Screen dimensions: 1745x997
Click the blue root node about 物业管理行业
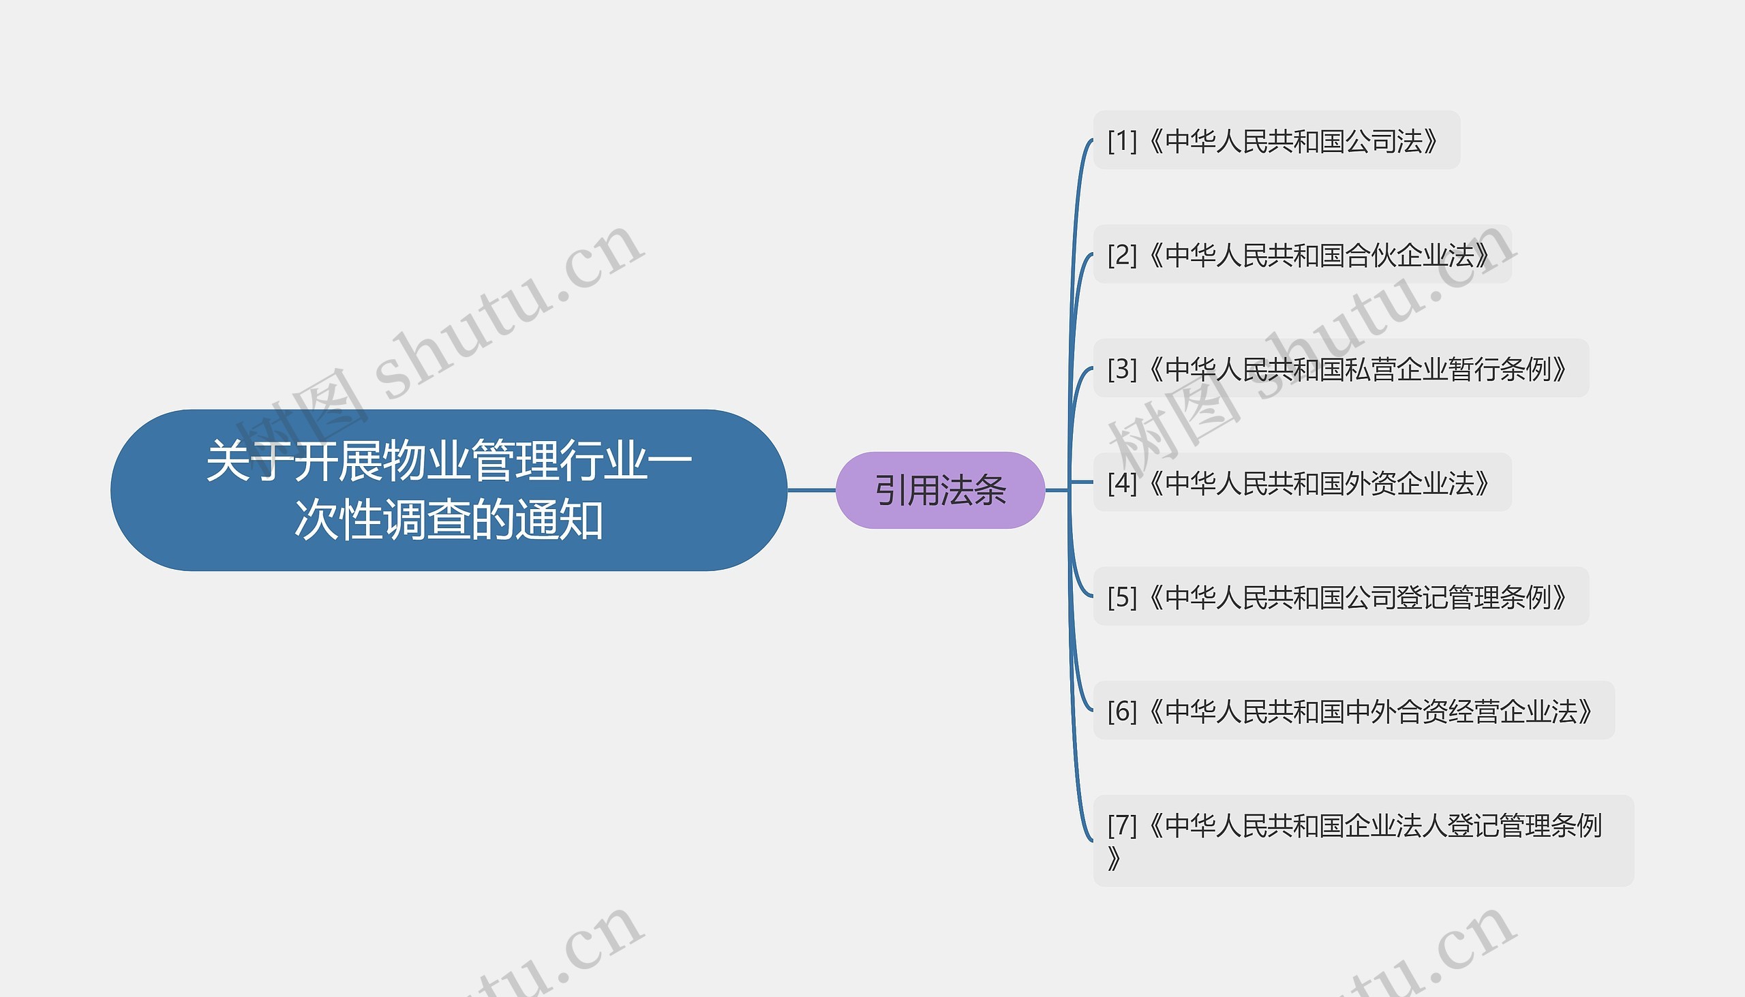[449, 490]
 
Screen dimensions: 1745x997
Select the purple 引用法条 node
[940, 490]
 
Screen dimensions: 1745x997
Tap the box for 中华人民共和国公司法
[1277, 140]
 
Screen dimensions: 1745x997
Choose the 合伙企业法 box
[1302, 255]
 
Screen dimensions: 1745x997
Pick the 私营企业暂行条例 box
[1341, 369]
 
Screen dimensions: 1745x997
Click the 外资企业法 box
[1302, 482]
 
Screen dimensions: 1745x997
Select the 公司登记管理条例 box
[1341, 596]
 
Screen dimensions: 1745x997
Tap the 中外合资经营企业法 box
[1354, 711]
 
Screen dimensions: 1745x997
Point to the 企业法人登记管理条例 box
[1363, 841]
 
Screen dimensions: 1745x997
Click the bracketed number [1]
[1122, 141]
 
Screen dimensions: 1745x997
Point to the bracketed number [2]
[1122, 256]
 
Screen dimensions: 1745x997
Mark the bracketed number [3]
[1122, 369]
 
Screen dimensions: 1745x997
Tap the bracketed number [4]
[1122, 483]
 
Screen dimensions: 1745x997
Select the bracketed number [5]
[1122, 597]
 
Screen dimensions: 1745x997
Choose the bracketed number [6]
[1122, 711]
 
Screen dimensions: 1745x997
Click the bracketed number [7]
[1122, 825]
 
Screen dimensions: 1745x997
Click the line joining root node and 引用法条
[812, 490]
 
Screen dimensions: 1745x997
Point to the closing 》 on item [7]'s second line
[1114, 858]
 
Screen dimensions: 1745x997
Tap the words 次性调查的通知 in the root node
[449, 520]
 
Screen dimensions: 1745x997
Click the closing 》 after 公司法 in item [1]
[1430, 141]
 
